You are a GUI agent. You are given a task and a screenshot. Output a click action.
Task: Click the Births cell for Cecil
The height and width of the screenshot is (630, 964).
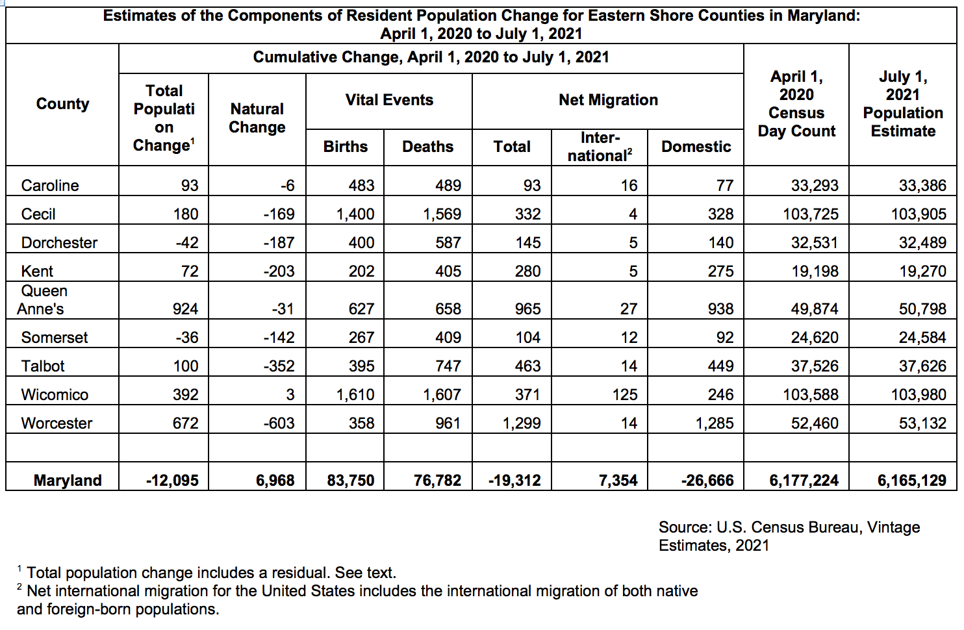(x=355, y=214)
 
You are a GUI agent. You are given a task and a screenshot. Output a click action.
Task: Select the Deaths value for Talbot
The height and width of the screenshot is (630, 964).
(x=448, y=366)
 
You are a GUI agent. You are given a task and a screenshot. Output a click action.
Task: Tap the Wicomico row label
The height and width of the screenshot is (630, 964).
(x=55, y=395)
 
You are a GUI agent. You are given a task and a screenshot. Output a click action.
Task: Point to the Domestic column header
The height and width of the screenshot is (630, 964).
(x=696, y=147)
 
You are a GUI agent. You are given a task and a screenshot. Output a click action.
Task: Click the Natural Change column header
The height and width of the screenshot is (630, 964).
(x=257, y=118)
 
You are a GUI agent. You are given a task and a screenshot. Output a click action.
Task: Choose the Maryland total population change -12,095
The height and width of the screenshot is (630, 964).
(x=172, y=481)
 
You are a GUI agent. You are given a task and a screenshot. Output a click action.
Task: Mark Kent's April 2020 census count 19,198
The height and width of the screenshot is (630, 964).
(x=815, y=271)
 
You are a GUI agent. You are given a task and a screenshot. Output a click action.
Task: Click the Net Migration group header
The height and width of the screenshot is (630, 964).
(x=608, y=100)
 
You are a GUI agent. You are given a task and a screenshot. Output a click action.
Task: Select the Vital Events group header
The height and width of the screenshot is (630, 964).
(x=389, y=100)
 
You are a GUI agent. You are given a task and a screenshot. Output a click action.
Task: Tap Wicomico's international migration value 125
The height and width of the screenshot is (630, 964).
(x=624, y=395)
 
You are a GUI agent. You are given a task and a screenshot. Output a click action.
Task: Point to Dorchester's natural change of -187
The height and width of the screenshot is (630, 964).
(x=279, y=243)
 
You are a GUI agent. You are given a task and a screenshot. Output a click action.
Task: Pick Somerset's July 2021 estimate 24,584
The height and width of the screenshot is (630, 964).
(x=922, y=338)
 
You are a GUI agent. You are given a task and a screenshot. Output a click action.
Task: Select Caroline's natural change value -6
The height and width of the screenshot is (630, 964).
(x=287, y=186)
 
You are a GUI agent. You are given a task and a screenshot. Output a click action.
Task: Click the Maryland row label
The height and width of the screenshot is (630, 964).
(x=68, y=481)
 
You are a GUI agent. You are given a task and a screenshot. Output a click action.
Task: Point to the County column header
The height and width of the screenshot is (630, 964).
(x=62, y=104)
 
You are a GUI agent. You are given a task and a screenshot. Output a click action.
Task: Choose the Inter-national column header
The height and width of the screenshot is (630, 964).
(x=599, y=147)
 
